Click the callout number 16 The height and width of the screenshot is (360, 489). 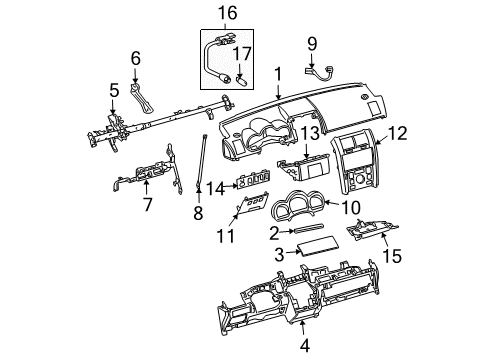point(227,13)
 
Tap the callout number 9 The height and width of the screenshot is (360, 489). point(312,44)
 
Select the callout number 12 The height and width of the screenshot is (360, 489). point(398,133)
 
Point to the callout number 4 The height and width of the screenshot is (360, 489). point(305,345)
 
